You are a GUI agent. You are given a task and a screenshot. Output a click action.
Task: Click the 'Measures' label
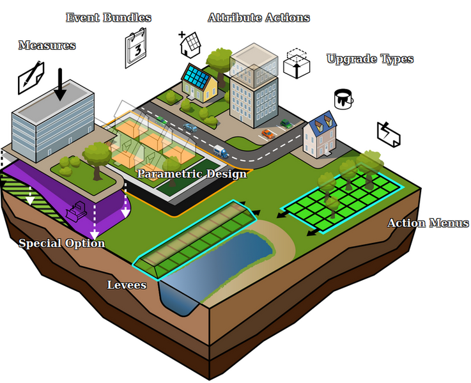(x=47, y=45)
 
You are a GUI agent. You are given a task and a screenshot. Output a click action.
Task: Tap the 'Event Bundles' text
(x=109, y=17)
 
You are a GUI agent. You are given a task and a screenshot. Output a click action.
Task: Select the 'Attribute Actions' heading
(x=259, y=17)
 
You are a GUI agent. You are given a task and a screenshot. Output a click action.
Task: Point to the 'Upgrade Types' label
(x=370, y=59)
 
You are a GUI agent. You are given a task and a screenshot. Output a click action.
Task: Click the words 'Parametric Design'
(x=192, y=174)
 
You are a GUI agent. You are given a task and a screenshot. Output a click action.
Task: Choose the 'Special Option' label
(x=61, y=244)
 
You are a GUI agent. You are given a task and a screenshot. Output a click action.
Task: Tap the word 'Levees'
(x=127, y=285)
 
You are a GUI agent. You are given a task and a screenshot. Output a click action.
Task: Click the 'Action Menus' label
(x=428, y=223)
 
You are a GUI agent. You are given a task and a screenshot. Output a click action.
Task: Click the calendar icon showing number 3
(x=135, y=47)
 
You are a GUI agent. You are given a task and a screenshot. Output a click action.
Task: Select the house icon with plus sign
(x=189, y=44)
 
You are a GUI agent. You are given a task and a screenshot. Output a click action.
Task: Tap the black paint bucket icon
(x=343, y=98)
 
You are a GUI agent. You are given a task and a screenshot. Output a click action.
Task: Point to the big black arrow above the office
(x=60, y=84)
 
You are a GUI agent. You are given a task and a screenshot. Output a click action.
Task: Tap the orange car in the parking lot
(x=268, y=134)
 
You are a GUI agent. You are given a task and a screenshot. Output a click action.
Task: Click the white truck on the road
(x=220, y=152)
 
